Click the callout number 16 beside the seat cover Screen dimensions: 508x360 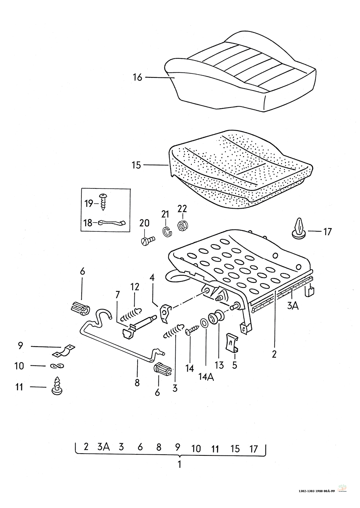pyautogui.click(x=138, y=77)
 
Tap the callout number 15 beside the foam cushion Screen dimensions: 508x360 pyautogui.click(x=136, y=165)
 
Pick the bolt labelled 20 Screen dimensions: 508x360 pyautogui.click(x=147, y=240)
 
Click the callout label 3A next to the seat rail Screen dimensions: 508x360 pyautogui.click(x=293, y=306)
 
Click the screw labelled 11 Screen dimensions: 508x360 pyautogui.click(x=57, y=386)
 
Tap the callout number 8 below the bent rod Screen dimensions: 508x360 pyautogui.click(x=137, y=383)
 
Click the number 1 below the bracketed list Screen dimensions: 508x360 pyautogui.click(x=179, y=464)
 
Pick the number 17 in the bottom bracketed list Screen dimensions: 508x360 pyautogui.click(x=254, y=449)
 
